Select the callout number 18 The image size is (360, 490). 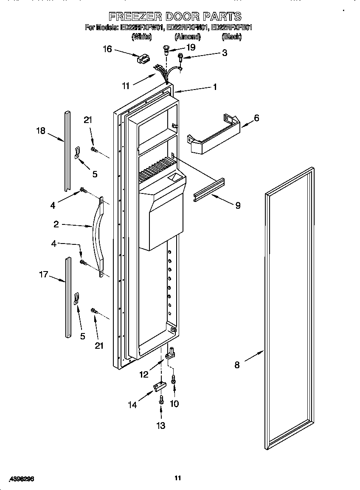coord(40,131)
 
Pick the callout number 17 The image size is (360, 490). coord(44,274)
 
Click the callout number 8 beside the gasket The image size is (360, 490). coord(237,364)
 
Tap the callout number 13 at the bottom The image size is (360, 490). coord(161,426)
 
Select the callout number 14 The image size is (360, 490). coord(133,405)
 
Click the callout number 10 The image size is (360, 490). coord(174,403)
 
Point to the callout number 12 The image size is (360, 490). coord(144,374)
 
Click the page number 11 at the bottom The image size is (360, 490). coord(178,478)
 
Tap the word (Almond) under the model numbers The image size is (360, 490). coord(187,37)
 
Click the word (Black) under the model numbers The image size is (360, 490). coord(231,37)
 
